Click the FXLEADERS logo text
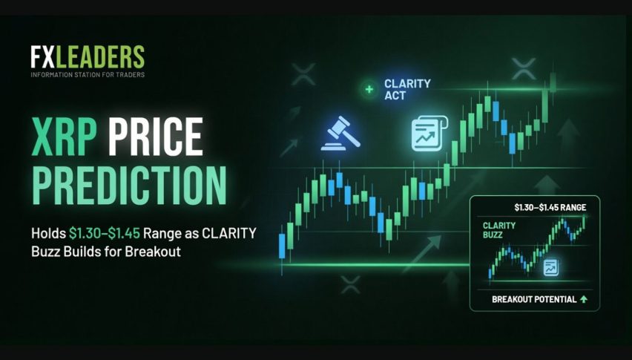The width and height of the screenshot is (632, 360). [88, 56]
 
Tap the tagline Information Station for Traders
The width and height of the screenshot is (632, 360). [88, 74]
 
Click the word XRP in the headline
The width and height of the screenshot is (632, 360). [65, 137]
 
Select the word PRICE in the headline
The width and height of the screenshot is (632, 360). [156, 137]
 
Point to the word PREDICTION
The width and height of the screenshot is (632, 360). [129, 185]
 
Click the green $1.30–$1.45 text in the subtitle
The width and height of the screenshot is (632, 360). [105, 233]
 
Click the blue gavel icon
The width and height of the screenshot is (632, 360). [340, 134]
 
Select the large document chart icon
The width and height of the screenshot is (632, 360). [429, 133]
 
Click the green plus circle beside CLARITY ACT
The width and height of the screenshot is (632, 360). [369, 89]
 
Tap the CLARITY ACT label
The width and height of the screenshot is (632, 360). [407, 90]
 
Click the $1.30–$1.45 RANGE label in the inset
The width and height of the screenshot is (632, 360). [550, 208]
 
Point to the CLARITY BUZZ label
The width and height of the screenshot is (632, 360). [499, 230]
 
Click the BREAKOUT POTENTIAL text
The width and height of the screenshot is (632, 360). [534, 300]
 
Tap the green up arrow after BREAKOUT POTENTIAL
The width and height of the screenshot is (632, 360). [584, 300]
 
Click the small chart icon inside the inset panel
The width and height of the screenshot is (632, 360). [550, 267]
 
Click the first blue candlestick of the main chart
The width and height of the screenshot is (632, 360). [282, 246]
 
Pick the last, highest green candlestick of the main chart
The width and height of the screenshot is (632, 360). [553, 82]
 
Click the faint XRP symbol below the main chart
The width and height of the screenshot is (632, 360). [350, 284]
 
